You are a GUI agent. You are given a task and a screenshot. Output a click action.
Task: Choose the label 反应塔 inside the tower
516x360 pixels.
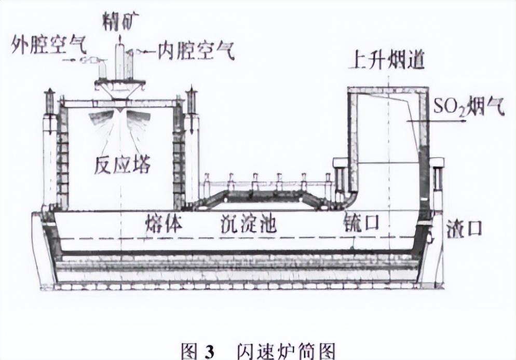123,164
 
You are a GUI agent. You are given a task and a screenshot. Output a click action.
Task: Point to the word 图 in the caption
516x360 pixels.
189,350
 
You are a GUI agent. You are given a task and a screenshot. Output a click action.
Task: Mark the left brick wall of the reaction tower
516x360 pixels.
62,156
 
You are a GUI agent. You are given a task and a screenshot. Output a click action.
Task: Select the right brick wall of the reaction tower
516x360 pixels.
179,156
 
